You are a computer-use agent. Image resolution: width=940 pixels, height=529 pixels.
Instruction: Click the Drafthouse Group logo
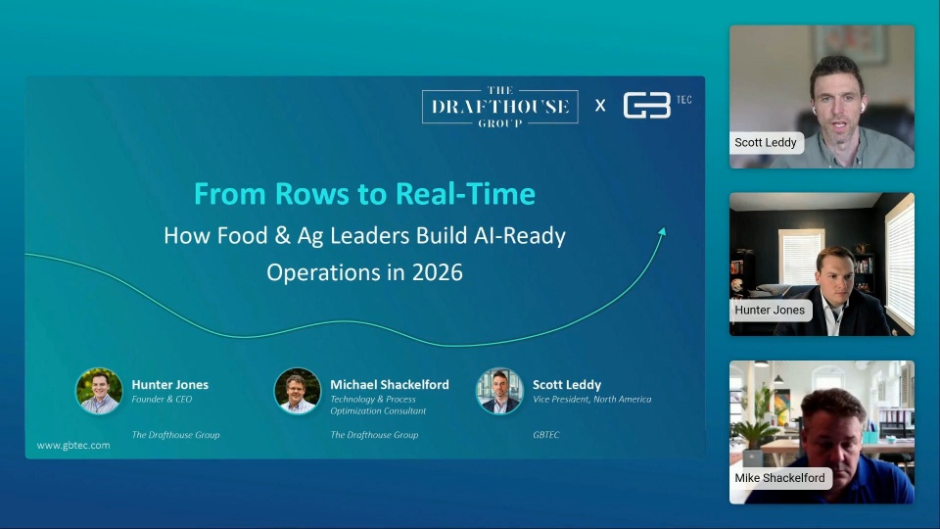coord(500,106)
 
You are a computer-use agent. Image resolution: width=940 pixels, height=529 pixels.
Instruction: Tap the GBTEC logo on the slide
coord(657,105)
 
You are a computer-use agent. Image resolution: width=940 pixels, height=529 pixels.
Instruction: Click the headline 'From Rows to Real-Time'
coord(364,194)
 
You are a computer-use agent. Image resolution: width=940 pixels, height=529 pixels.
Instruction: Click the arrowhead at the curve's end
coord(662,232)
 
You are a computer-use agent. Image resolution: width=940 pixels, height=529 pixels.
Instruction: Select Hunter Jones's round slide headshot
coord(99,391)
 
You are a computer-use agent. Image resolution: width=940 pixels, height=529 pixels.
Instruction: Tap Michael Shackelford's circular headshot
coord(298,391)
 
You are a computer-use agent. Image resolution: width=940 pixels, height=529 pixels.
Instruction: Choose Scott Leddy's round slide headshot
coord(499,391)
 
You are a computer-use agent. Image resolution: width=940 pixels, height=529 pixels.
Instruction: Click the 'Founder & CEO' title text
coord(162,400)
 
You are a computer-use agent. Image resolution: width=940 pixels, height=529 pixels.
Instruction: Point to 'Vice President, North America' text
coord(591,400)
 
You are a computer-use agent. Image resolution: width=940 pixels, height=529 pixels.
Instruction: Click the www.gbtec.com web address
coord(73,445)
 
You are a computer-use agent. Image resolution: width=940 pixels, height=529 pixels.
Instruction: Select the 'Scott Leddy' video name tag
coord(766,143)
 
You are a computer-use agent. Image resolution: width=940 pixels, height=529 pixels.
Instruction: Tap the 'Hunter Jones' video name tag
coord(770,311)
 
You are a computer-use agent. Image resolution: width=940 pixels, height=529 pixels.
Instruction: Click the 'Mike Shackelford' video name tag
coord(780,478)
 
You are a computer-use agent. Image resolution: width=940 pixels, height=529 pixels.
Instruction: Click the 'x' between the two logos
coord(600,106)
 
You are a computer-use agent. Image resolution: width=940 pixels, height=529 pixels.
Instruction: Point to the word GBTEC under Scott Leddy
coord(545,435)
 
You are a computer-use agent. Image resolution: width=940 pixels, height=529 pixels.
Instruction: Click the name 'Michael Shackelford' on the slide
coord(389,384)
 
